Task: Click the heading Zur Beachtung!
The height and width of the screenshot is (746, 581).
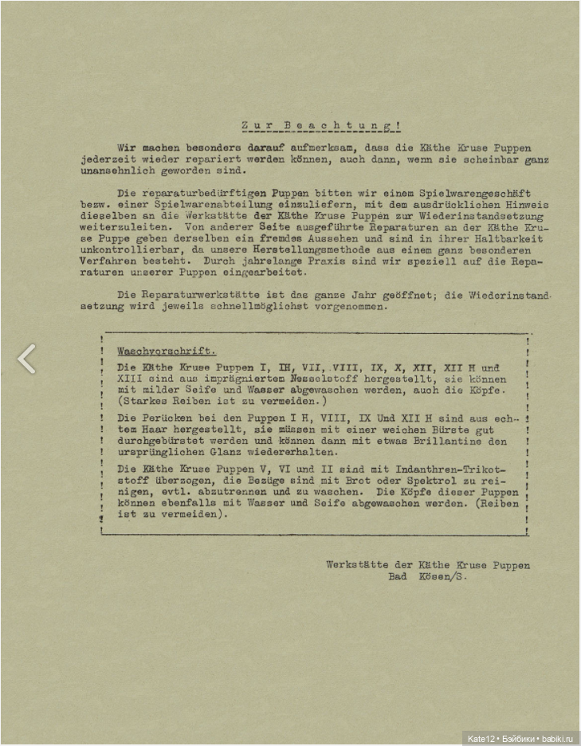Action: click(320, 126)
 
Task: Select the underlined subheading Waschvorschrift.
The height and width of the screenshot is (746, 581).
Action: click(167, 351)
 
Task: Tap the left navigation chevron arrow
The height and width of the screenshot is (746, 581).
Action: click(26, 359)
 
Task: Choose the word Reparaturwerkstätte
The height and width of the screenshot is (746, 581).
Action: click(206, 294)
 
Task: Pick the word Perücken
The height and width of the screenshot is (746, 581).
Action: click(167, 417)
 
